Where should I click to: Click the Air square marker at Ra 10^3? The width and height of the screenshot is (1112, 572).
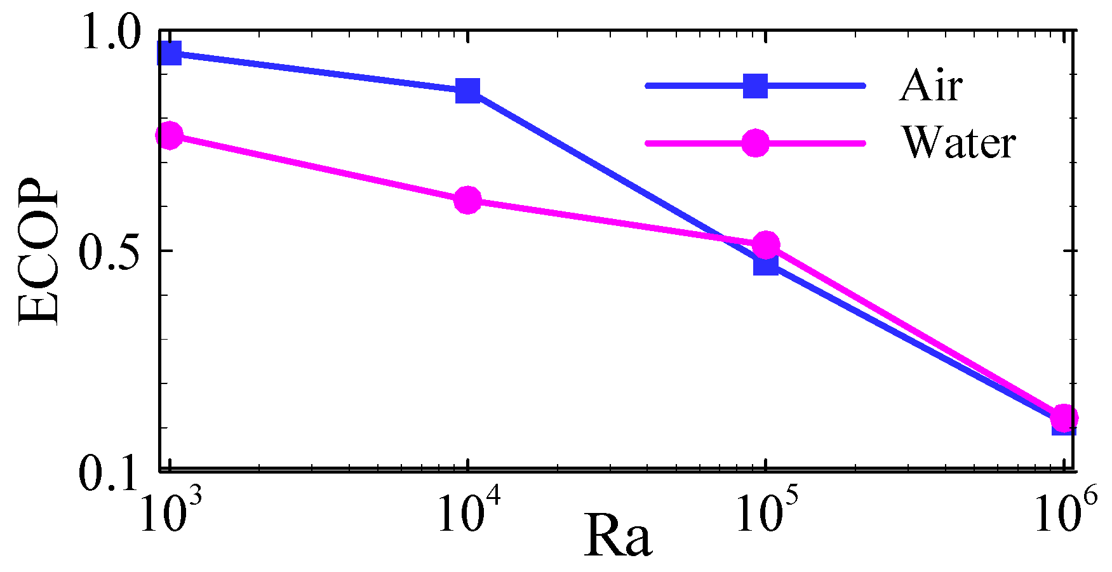point(170,53)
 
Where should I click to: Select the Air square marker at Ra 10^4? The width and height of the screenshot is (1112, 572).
point(468,90)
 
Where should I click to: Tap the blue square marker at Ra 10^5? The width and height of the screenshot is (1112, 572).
point(766,263)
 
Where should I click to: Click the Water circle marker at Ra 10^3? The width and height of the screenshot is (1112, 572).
point(170,135)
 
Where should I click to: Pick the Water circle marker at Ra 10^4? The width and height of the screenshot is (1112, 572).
point(468,200)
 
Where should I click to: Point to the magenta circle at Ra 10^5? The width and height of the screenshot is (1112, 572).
point(766,244)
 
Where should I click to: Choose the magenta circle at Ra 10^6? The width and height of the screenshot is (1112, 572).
point(1064,418)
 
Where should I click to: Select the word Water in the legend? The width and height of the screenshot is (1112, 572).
point(959,142)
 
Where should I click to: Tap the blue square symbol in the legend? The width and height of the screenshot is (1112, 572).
point(756,86)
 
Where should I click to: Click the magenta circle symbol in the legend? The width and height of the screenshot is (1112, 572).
point(756,143)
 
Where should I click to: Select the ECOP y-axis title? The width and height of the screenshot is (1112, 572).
point(38,251)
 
